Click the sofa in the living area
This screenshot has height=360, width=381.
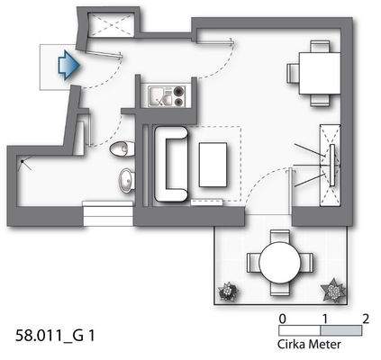(x=169, y=165)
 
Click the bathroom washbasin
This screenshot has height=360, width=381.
(x=127, y=180)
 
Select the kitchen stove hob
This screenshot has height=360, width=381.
(x=177, y=92)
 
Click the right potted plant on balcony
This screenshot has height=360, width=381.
(x=335, y=290)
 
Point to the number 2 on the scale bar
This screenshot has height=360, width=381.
(x=365, y=318)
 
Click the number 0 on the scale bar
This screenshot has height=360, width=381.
(x=283, y=318)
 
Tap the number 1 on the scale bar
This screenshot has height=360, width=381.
(x=323, y=318)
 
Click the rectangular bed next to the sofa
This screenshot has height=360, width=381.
(x=215, y=166)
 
